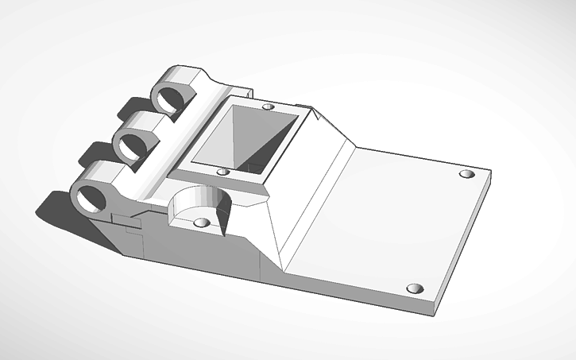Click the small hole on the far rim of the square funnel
[x=268, y=106]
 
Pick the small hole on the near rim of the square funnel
[x=223, y=171]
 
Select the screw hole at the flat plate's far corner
[x=466, y=173]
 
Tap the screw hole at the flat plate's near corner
[x=412, y=288]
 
